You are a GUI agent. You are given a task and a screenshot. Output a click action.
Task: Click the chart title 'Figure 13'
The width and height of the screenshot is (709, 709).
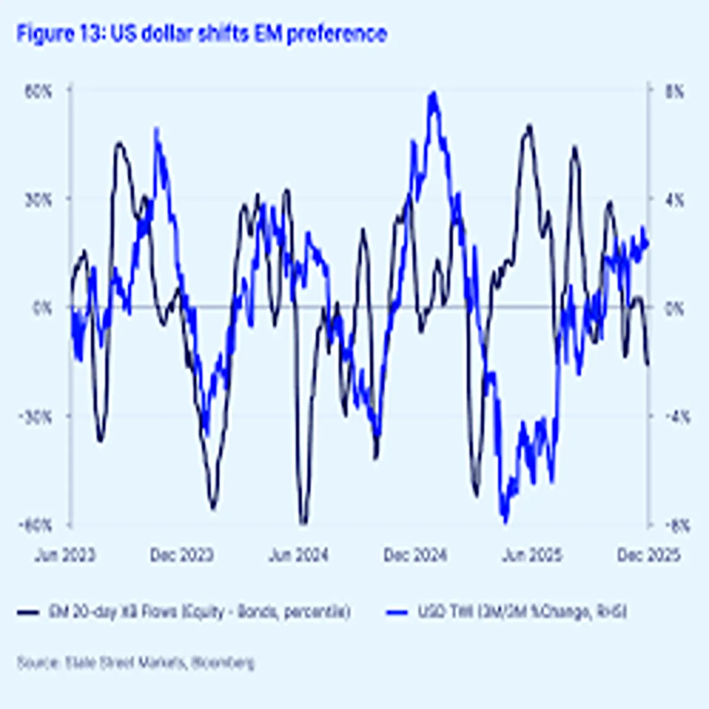(x=201, y=34)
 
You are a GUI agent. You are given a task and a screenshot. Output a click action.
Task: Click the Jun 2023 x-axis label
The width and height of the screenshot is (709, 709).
(x=64, y=555)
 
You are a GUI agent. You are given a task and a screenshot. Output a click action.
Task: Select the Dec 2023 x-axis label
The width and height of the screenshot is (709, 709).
(x=181, y=555)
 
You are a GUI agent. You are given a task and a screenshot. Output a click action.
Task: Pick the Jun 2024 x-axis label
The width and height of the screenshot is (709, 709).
(x=298, y=555)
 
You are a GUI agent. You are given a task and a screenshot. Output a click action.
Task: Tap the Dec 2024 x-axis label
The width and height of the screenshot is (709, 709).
(x=415, y=555)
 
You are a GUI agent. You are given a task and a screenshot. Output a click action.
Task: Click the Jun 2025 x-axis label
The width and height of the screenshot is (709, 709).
(x=532, y=555)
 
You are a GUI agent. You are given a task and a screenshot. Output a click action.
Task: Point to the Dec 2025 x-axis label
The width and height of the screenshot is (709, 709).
(x=649, y=555)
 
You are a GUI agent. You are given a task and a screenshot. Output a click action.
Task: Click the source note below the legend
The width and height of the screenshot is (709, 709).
(x=136, y=663)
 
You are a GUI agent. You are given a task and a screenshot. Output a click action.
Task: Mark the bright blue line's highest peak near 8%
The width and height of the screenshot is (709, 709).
(x=434, y=94)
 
